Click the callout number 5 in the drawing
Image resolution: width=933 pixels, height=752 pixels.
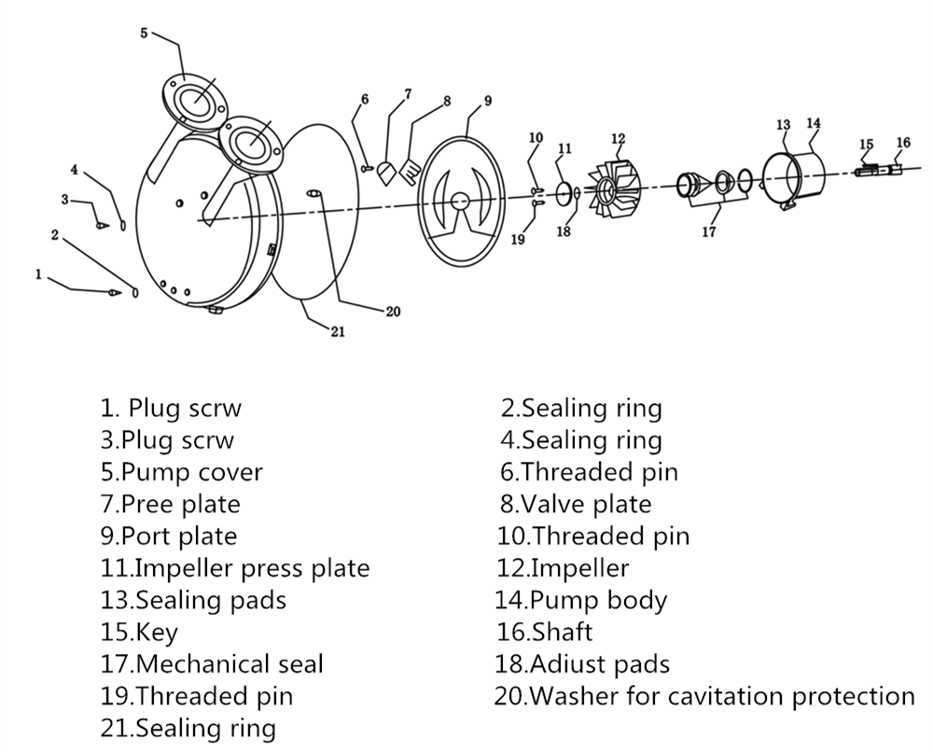click(144, 33)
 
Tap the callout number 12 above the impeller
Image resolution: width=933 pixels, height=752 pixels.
click(618, 139)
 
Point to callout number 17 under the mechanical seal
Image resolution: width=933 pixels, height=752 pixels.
click(709, 232)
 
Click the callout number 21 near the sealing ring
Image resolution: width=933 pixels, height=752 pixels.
click(337, 331)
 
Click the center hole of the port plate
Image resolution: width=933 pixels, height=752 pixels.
click(461, 201)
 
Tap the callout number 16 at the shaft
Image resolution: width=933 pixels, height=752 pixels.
click(902, 143)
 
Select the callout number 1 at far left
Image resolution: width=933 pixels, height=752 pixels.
click(38, 274)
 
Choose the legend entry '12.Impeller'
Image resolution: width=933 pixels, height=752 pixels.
click(564, 567)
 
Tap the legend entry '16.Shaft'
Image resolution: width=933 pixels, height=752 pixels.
click(545, 632)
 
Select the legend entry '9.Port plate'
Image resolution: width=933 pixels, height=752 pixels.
click(169, 536)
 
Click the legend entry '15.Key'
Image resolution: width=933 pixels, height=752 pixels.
click(139, 632)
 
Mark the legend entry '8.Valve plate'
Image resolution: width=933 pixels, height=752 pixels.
click(575, 504)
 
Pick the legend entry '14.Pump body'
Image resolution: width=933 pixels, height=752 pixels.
click(583, 600)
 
